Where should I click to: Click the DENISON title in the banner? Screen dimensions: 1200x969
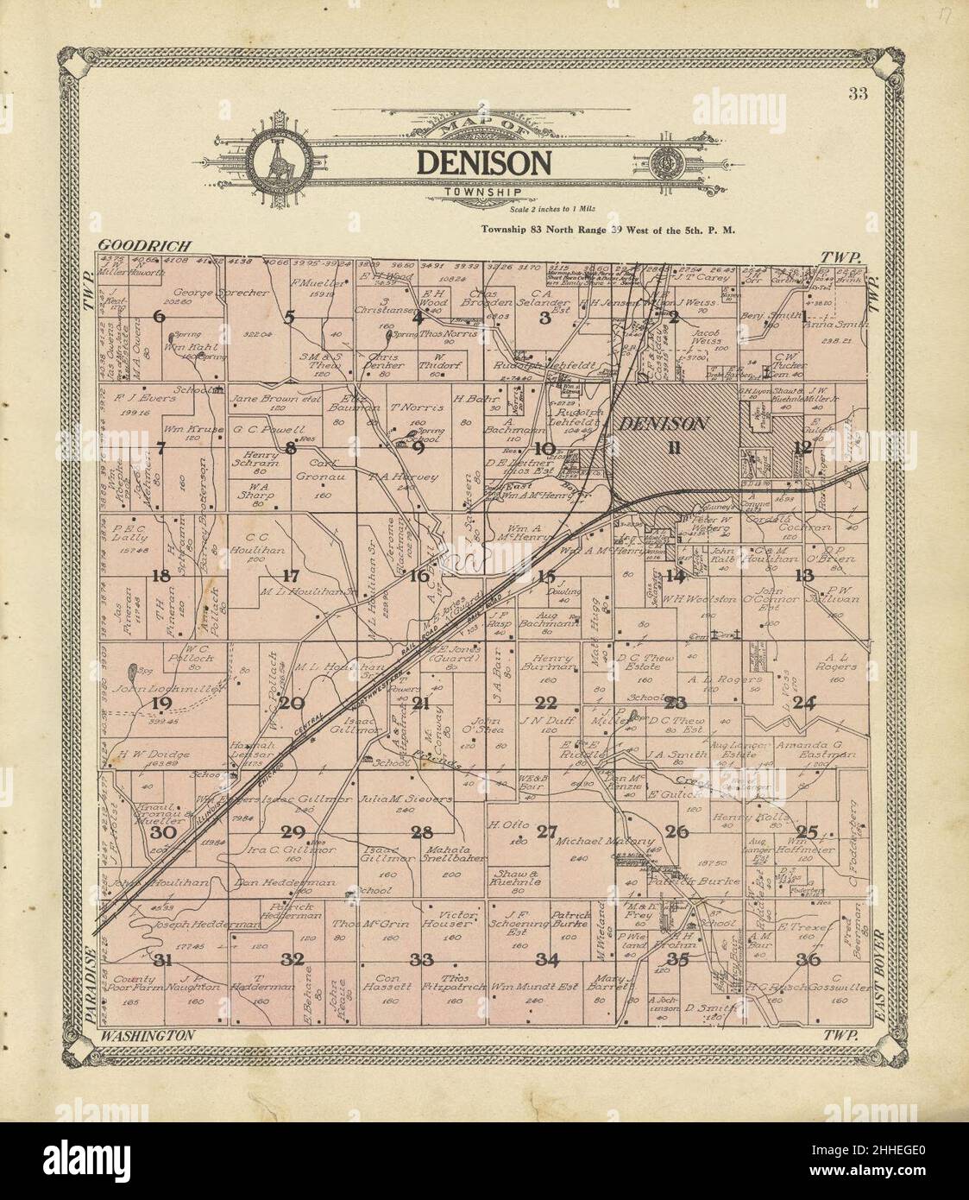coord(484,162)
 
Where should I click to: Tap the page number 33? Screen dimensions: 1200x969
coord(857,94)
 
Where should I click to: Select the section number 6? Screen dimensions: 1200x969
coord(159,316)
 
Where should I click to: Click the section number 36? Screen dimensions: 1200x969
coord(808,960)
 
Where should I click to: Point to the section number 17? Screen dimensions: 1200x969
coord(290,576)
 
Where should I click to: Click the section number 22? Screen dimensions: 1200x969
coord(546,702)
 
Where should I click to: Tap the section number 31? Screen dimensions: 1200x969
coord(160,960)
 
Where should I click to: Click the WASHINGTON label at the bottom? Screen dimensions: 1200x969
coord(148,1034)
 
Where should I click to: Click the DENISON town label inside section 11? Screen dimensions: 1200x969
coord(663,424)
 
